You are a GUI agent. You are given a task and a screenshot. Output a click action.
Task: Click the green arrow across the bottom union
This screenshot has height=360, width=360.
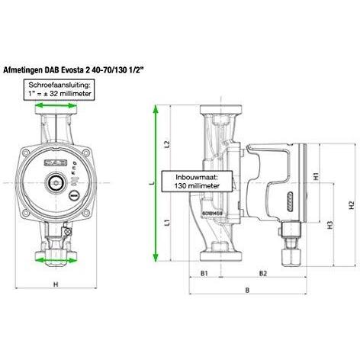click(x=57, y=259)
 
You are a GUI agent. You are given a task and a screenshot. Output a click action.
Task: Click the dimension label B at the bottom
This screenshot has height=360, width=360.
click(x=248, y=291)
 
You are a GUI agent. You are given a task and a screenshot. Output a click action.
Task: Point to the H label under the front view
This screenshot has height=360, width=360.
click(x=56, y=284)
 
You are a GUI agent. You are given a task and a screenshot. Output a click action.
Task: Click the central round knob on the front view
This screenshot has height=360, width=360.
click(x=57, y=184)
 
